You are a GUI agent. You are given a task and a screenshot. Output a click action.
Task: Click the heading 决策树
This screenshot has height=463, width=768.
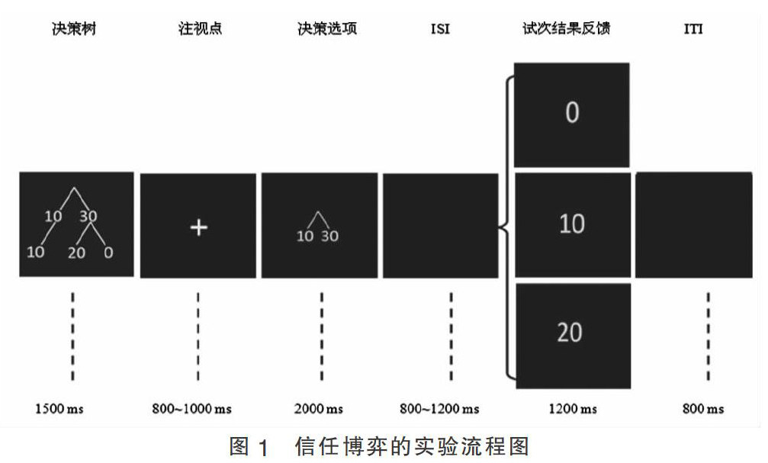76,30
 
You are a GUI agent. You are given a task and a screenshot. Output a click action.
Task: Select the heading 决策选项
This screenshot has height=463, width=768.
327,30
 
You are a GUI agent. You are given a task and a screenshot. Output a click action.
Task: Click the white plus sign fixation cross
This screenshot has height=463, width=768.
198,227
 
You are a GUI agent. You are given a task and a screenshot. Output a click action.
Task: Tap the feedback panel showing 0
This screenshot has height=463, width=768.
572,114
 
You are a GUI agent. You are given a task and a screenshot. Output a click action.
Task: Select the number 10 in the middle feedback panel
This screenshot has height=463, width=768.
572,223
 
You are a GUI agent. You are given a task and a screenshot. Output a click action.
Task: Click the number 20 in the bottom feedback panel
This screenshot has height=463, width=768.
570,332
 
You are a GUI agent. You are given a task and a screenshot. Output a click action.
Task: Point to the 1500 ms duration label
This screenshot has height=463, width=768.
59,409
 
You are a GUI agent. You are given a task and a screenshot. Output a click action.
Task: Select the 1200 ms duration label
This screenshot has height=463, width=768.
573,409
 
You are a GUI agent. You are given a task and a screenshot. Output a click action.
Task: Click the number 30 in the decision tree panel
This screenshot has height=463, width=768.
88,217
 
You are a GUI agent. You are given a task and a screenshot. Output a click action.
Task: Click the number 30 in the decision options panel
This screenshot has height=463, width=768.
329,236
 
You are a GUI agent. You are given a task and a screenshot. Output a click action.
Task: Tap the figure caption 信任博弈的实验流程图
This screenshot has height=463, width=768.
411,446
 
